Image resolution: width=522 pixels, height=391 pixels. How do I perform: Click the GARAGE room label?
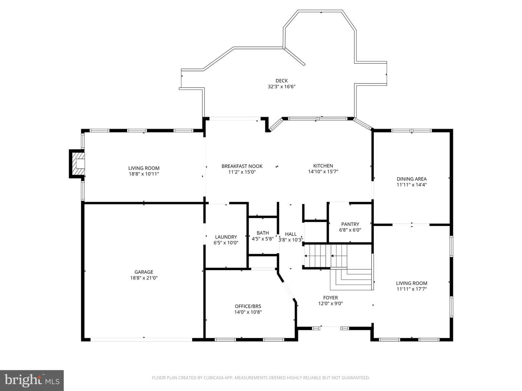point(144,272)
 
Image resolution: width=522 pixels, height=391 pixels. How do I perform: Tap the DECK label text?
point(282,81)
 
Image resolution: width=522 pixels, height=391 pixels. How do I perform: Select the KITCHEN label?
point(323,166)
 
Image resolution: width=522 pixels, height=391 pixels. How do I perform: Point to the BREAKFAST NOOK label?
point(242,166)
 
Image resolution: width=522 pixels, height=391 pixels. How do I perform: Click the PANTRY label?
point(350,224)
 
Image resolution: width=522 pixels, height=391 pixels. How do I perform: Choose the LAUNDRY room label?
point(226,237)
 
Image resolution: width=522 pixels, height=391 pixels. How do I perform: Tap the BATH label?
point(262,233)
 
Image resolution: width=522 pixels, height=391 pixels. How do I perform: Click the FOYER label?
point(330,298)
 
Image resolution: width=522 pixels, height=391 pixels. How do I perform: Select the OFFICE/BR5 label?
point(248,306)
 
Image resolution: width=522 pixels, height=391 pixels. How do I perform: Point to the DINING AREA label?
point(412,179)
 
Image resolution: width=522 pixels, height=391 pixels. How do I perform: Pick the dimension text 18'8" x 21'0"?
point(144,278)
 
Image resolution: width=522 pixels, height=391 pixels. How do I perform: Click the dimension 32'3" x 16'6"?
point(282,87)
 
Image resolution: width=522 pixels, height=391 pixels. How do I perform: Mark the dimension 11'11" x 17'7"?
point(412,289)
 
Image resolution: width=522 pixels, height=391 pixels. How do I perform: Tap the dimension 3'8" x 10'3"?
point(291,240)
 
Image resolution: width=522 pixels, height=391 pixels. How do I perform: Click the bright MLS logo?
point(32,380)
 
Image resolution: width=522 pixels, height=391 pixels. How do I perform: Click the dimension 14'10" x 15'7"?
point(323,172)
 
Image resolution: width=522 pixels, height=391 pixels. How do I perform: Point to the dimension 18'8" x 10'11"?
point(144,174)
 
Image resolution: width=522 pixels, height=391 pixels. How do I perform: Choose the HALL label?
point(291,234)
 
